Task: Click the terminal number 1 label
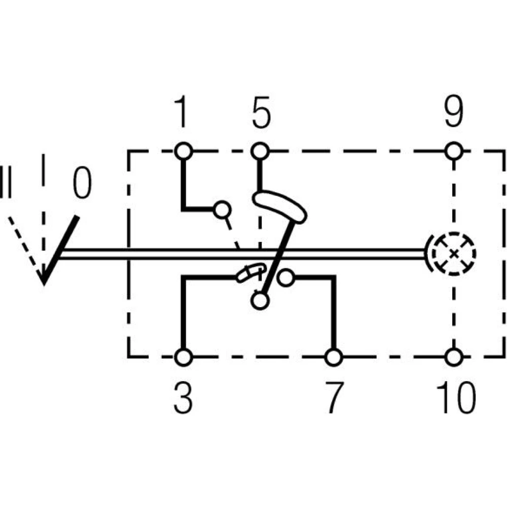(181, 114)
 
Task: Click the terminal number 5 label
(261, 114)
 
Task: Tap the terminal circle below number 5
(260, 151)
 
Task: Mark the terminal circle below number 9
(454, 151)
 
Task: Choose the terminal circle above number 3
(183, 357)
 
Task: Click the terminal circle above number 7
(333, 357)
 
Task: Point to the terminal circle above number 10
(454, 357)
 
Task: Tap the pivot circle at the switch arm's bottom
(260, 301)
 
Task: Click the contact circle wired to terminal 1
(221, 209)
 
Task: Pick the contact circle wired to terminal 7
(287, 277)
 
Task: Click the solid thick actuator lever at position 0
(61, 248)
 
